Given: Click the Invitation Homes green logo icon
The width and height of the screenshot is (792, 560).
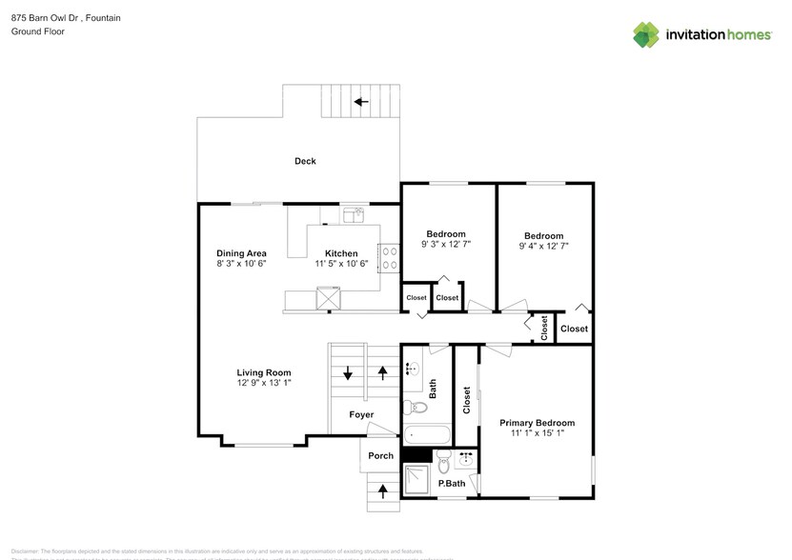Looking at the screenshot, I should point(646,34).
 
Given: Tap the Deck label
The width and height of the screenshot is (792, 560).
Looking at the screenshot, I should point(305,161).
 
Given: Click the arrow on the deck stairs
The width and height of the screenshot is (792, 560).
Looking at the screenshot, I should point(360,101).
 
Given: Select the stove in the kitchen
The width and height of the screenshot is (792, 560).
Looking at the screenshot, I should point(389,257).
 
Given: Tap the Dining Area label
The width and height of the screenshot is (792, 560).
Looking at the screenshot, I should point(241,253).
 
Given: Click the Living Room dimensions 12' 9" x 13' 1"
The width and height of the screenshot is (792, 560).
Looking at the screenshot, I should point(264,383).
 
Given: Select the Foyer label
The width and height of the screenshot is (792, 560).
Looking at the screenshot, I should point(361,414).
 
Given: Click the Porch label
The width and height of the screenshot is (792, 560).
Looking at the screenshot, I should point(380,455).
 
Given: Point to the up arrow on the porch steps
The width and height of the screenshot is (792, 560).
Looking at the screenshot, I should point(384,491).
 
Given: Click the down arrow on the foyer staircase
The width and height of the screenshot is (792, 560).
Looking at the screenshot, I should point(348,373).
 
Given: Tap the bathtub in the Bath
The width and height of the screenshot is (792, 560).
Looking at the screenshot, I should point(425,436).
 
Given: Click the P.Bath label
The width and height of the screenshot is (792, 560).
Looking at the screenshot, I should point(451,485).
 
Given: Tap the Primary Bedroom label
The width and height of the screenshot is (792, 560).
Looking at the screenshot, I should point(538,423).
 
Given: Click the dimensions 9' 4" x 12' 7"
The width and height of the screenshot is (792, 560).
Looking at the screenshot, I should point(543,246).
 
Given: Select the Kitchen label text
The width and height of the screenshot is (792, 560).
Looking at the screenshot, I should point(341,253).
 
